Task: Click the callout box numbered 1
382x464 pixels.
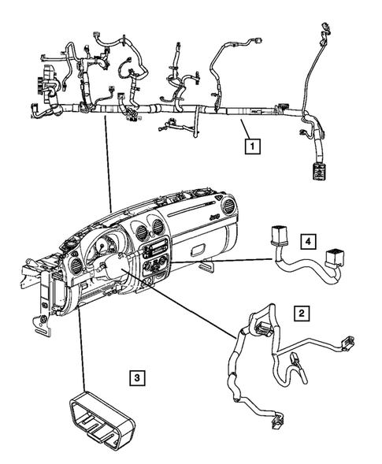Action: point(252,146)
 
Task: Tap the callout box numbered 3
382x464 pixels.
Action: point(136,380)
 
